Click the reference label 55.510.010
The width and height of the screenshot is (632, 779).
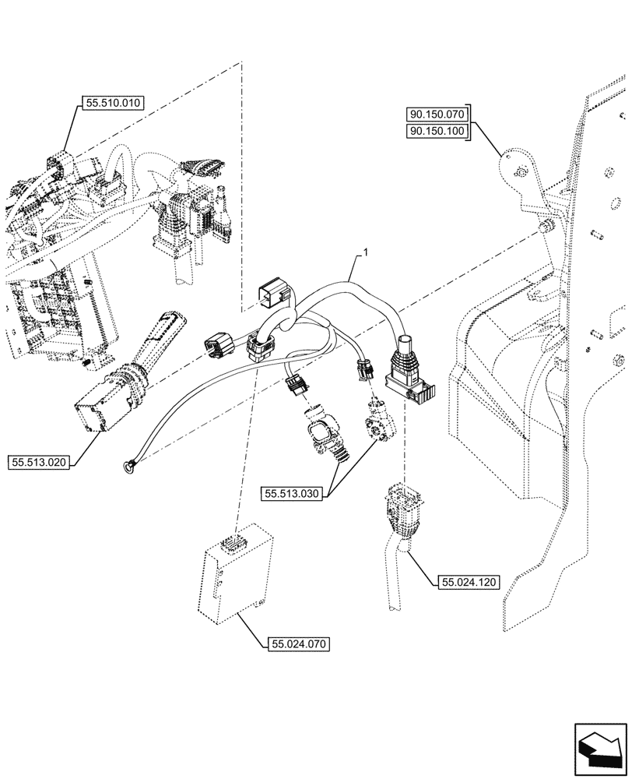pos(110,102)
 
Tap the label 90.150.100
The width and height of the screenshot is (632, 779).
pos(437,131)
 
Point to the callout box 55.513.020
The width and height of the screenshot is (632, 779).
pos(40,463)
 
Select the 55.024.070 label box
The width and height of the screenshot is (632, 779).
pos(299,644)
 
